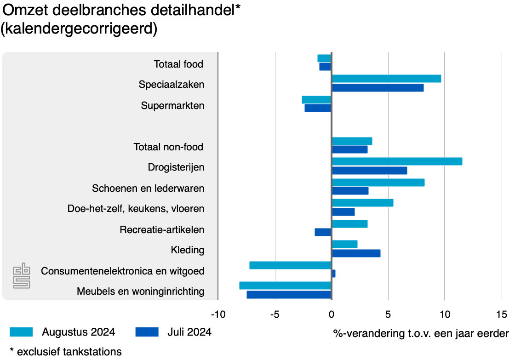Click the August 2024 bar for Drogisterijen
(397, 161)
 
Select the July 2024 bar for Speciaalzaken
(378, 88)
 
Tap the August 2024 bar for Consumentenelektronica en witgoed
(290, 265)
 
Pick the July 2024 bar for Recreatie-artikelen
(323, 232)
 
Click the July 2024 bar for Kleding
(356, 253)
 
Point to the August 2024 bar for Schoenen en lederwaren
(378, 183)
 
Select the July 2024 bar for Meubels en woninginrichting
(289, 295)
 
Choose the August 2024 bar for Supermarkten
(316, 100)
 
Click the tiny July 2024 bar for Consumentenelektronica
(333, 274)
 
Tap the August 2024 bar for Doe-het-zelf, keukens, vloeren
(362, 203)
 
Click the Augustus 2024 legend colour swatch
(21, 332)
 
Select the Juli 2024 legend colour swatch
(147, 332)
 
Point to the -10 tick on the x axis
(218, 314)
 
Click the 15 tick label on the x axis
(502, 314)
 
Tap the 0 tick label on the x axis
(332, 314)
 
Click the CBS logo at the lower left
(22, 276)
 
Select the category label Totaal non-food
(168, 147)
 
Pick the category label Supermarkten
(172, 106)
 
